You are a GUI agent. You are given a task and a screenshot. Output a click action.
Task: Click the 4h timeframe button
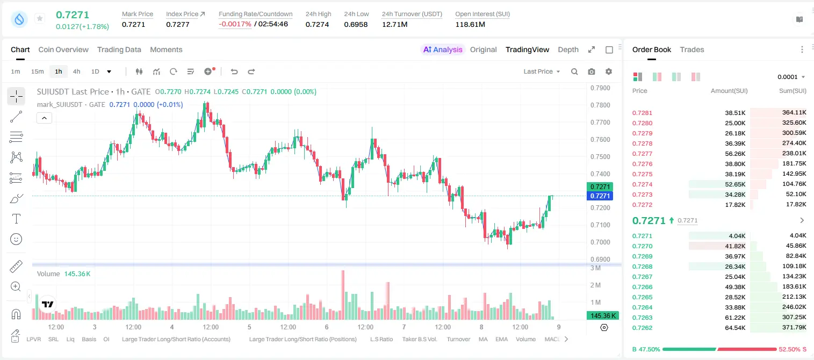tap(76, 71)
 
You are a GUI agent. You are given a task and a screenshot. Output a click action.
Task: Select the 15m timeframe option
tap(38, 71)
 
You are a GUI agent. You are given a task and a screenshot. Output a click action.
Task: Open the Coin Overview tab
tap(63, 49)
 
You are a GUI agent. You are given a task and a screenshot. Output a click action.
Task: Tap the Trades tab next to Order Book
tap(692, 49)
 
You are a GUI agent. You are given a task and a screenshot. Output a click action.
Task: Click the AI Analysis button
tap(443, 49)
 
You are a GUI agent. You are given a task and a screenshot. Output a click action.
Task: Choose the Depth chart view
tap(568, 49)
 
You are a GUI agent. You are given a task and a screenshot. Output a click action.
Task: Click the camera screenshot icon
tap(592, 71)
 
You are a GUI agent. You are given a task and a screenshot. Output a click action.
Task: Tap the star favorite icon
tap(40, 18)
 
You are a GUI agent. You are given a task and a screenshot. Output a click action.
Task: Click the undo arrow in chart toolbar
tap(234, 71)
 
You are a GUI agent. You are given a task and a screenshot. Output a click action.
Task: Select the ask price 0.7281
tap(642, 113)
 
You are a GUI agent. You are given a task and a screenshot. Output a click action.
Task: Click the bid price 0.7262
tap(642, 328)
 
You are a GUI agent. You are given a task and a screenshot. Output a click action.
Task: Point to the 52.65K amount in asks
tap(735, 184)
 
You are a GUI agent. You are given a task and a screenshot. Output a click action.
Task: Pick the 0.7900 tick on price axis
tap(600, 88)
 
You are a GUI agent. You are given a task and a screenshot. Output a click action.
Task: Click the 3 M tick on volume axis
tap(596, 268)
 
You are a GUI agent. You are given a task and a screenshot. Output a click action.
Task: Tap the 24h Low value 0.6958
tap(356, 24)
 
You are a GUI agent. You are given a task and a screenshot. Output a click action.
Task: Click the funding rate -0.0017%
tap(235, 24)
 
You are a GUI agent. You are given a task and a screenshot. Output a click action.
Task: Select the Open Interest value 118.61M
tap(470, 24)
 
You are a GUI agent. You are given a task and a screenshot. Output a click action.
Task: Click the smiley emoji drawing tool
tap(16, 239)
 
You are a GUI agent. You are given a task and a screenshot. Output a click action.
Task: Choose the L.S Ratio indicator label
tap(381, 339)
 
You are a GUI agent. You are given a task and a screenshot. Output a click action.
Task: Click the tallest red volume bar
tap(343, 295)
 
